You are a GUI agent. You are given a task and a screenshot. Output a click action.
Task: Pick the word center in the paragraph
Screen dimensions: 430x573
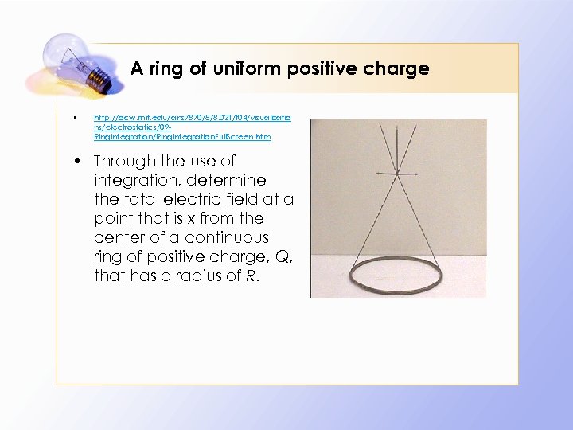(116, 237)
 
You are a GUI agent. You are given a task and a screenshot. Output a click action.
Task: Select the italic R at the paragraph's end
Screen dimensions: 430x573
(249, 276)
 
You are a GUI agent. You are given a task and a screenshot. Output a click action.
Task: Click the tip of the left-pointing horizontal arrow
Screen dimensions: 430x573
(376, 174)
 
